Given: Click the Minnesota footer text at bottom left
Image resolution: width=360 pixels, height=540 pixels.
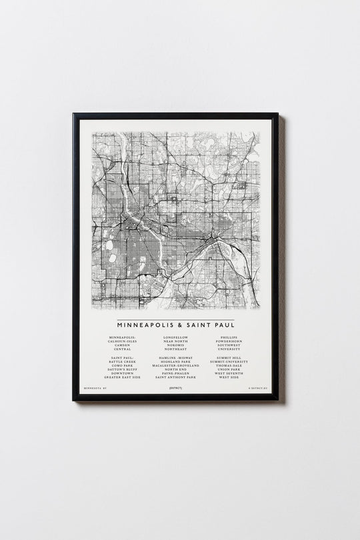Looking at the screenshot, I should [96, 387].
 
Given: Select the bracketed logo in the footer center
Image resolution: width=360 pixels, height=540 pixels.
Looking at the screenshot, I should [176, 387].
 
